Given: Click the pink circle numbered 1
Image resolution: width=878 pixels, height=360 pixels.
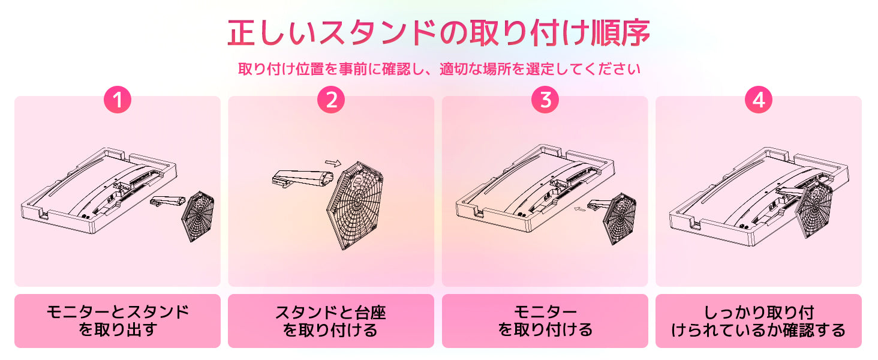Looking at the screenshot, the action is (118, 100).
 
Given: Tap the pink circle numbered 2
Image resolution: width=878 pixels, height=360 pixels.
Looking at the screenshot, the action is (331, 100).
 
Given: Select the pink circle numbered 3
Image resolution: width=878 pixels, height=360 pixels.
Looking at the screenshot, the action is (545, 100).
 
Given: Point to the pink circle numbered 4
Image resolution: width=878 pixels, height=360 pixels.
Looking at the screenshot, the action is (759, 100).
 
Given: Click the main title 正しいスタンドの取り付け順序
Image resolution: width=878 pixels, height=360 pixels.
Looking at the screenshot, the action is (439, 32).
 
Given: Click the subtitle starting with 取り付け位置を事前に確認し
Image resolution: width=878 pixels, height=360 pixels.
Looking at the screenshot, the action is (440, 69).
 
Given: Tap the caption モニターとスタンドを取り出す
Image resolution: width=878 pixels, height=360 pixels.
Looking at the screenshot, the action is (118, 321).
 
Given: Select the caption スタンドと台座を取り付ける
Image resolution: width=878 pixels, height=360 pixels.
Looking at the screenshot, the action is (331, 321).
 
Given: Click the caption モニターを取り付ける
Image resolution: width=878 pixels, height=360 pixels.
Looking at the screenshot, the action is (545, 321).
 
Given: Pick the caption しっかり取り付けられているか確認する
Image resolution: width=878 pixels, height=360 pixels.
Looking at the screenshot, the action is (759, 321).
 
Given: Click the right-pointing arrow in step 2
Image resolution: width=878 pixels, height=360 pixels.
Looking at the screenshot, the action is (333, 163).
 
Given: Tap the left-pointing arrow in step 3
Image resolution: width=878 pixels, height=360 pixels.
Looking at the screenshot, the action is (581, 209).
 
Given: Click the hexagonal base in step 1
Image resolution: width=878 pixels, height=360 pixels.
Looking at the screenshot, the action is (199, 216).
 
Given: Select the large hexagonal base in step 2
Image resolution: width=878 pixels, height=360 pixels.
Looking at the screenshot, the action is (354, 205).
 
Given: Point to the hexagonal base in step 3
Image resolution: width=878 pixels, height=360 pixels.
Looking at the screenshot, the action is (620, 218).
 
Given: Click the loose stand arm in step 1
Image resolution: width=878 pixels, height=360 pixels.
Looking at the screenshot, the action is (168, 201).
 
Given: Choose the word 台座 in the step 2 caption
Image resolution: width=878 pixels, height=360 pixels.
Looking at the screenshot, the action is (370, 313).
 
